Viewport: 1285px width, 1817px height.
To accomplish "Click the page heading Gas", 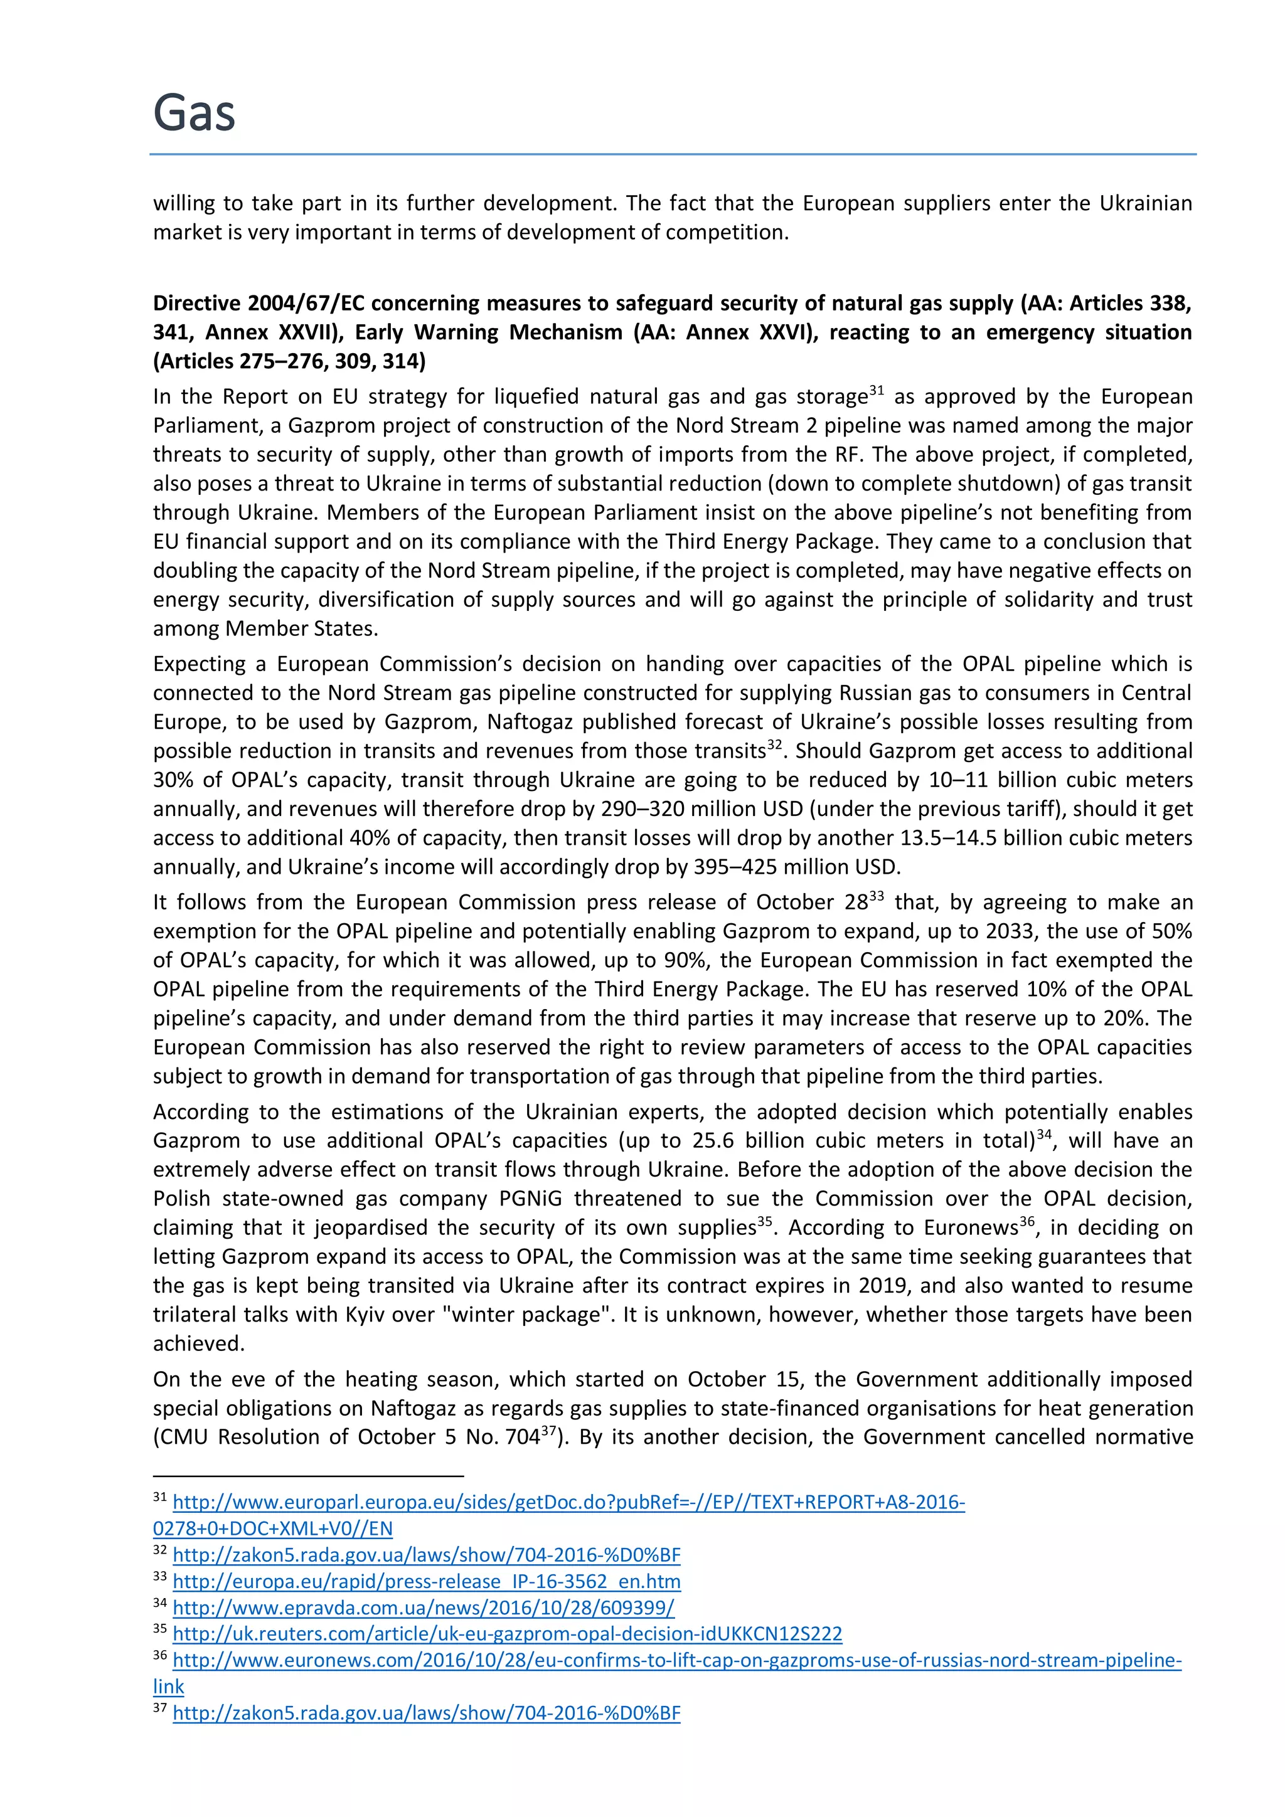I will tap(194, 112).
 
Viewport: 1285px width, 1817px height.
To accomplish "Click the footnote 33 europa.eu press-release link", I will tap(426, 1581).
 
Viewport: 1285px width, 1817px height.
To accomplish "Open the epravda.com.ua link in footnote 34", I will tap(423, 1608).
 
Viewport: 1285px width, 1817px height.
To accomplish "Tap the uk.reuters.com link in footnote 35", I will tap(507, 1633).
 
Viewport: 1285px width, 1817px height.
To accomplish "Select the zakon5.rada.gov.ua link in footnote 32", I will tap(426, 1555).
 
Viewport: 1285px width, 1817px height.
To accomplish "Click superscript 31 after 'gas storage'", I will tap(876, 390).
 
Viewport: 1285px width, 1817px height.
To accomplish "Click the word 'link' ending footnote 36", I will tap(169, 1687).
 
